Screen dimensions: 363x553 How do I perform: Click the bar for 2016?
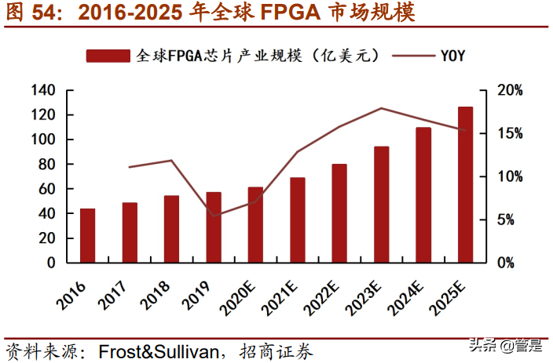point(88,235)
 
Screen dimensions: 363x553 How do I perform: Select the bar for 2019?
point(214,227)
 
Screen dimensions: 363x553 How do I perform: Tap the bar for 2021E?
point(298,220)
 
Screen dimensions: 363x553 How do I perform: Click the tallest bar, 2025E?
point(466,184)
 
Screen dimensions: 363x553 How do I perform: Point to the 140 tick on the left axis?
point(42,91)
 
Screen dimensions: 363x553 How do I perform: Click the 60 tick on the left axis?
point(46,189)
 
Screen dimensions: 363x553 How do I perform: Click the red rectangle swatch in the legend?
point(108,55)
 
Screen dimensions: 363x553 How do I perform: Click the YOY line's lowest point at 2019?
point(214,216)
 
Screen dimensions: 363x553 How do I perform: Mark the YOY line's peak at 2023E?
point(382,108)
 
